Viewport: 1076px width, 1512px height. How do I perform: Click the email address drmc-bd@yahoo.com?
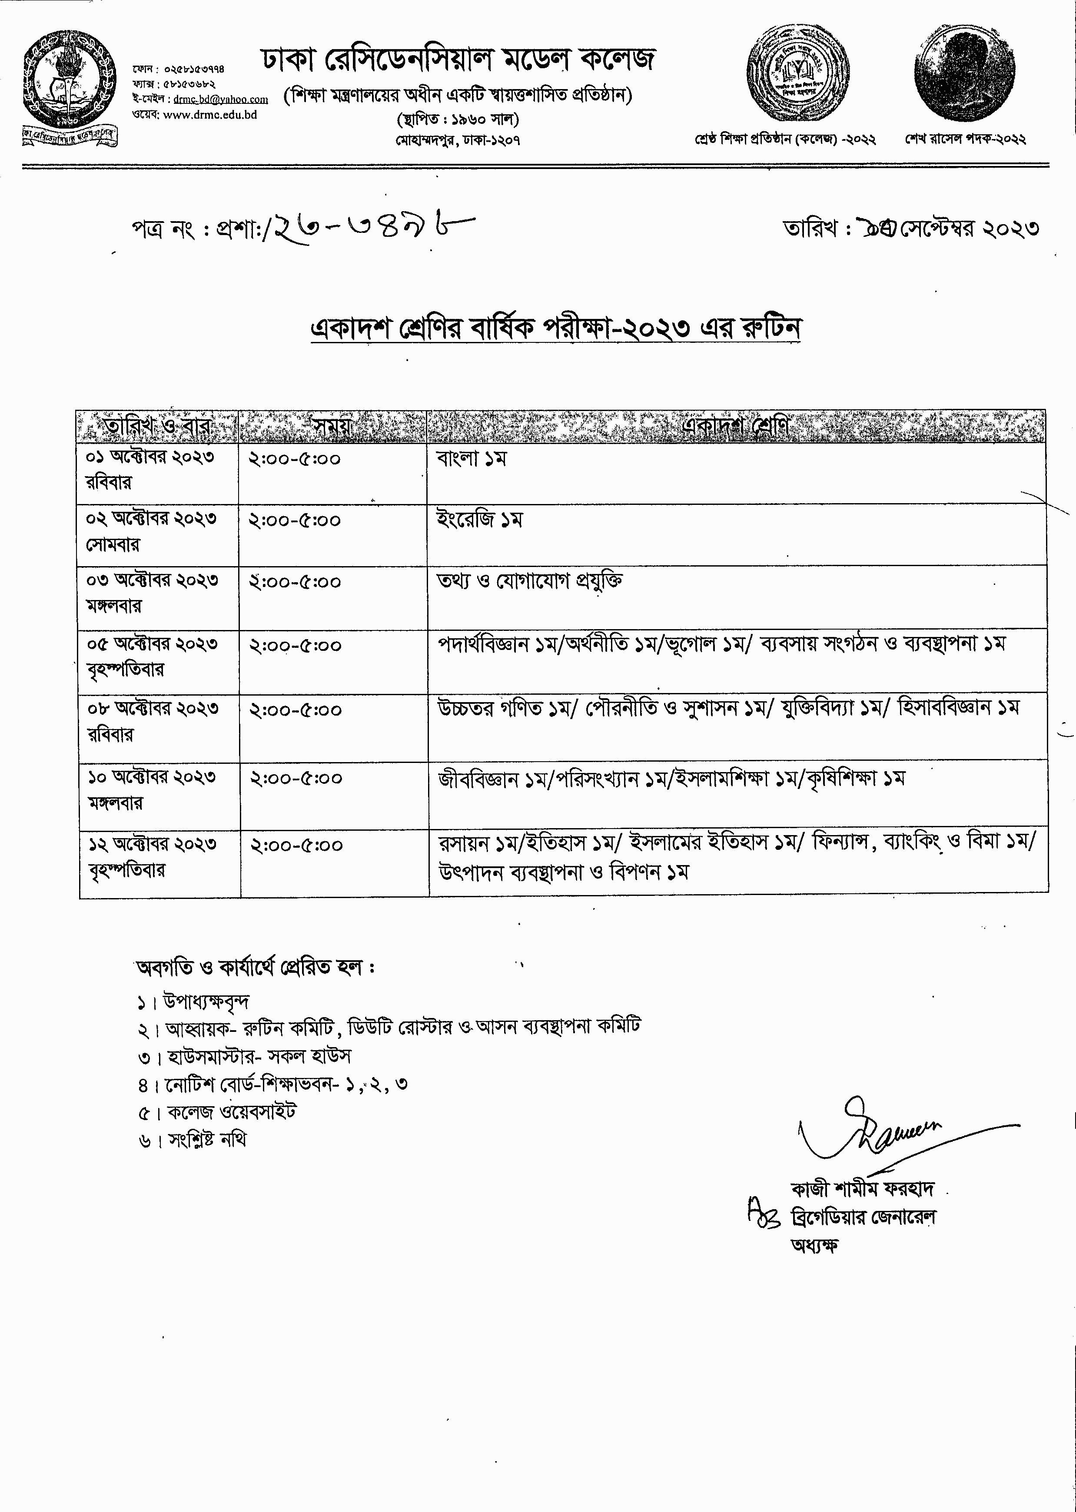[x=221, y=99]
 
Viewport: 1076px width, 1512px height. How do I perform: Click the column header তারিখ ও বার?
[x=157, y=426]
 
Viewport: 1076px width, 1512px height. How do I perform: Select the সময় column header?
[x=332, y=426]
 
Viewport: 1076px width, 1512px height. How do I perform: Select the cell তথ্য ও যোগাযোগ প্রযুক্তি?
[x=529, y=581]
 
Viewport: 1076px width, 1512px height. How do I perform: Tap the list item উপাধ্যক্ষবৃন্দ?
[x=206, y=1002]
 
